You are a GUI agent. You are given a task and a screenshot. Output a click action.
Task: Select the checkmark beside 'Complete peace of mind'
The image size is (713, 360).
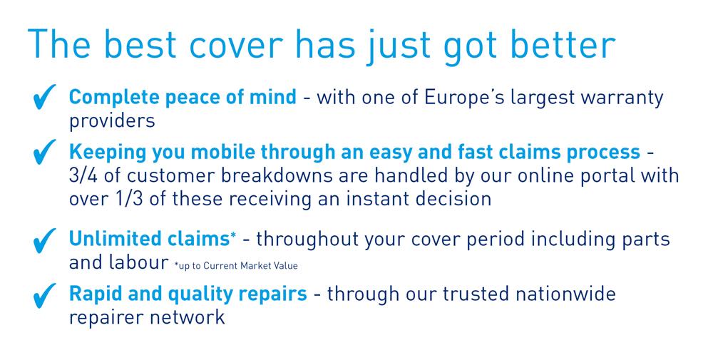(44, 97)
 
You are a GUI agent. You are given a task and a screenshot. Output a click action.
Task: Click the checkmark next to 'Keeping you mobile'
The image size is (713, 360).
(44, 152)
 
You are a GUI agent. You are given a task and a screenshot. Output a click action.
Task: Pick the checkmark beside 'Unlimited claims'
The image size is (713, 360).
(44, 240)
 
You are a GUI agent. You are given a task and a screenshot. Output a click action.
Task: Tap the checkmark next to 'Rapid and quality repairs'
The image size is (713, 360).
(44, 295)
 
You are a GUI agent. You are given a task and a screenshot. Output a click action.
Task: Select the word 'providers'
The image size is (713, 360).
(112, 121)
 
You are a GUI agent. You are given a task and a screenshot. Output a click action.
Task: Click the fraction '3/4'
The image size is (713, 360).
(83, 176)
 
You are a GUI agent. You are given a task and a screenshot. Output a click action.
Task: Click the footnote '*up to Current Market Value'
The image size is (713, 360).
(236, 266)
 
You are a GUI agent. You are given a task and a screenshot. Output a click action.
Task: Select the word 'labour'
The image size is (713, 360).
(138, 262)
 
